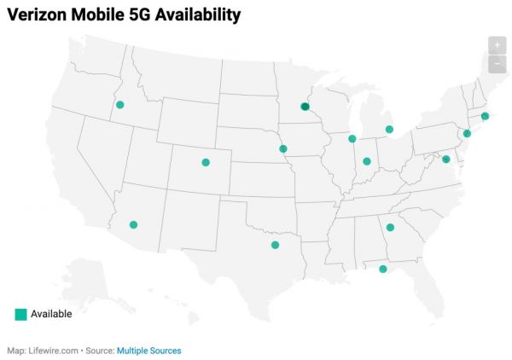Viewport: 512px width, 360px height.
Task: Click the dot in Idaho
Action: [120, 105]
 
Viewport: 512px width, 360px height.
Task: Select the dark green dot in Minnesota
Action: [305, 107]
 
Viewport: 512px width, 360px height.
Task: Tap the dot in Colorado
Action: [205, 162]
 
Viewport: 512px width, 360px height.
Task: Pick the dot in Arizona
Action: [133, 224]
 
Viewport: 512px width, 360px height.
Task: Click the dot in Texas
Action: [275, 245]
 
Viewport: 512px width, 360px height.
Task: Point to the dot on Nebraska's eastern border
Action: [283, 148]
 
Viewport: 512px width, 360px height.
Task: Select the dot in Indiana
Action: [367, 160]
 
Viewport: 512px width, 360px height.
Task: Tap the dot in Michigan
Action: [389, 130]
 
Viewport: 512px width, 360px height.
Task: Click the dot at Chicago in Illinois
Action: [352, 138]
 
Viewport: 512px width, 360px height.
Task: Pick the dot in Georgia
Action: [390, 227]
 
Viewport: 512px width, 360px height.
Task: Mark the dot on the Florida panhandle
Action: [382, 269]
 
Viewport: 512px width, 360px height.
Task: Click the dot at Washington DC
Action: [445, 159]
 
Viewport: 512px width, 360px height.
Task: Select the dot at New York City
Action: [467, 133]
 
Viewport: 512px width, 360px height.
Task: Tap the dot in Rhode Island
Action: [485, 116]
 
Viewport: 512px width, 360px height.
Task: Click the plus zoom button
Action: [497, 45]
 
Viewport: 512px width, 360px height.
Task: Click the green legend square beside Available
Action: [20, 314]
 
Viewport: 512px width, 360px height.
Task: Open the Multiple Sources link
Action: [148, 351]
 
